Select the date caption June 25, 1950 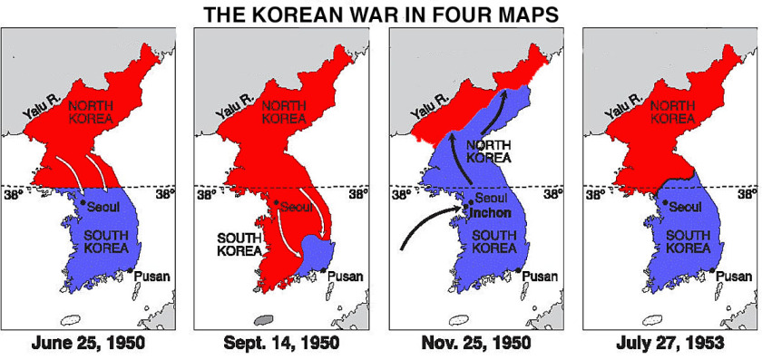(93, 344)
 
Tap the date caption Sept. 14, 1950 (286, 344)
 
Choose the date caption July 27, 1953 (670, 344)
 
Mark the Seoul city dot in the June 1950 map (83, 201)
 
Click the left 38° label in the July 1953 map (594, 194)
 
